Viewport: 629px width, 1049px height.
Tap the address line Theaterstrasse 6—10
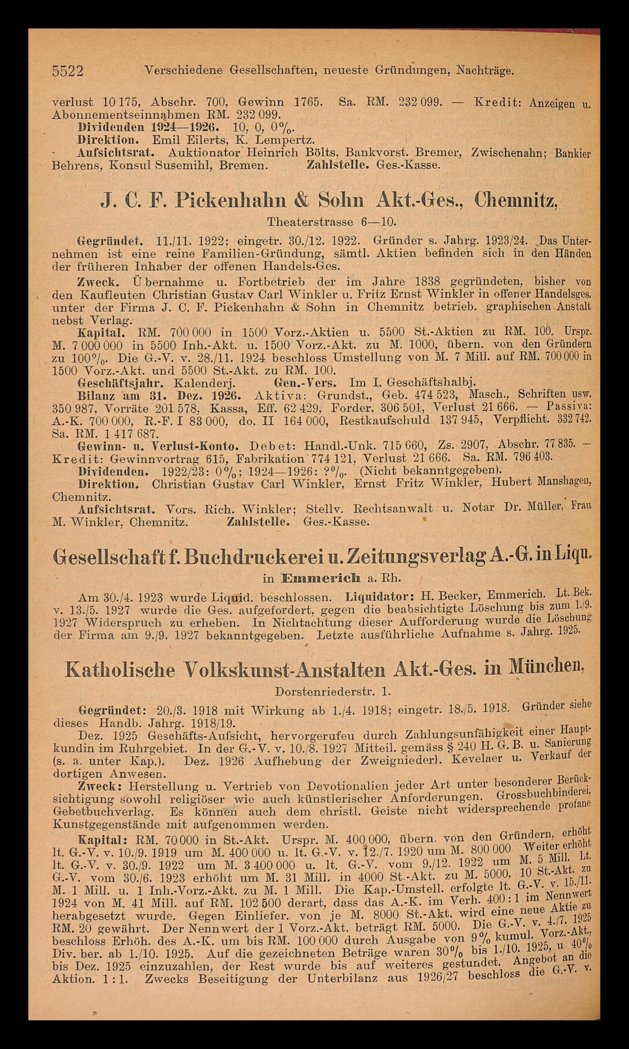[x=332, y=222]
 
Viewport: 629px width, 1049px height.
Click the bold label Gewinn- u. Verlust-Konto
[x=159, y=447]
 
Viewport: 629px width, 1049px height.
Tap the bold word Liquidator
[x=380, y=598]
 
